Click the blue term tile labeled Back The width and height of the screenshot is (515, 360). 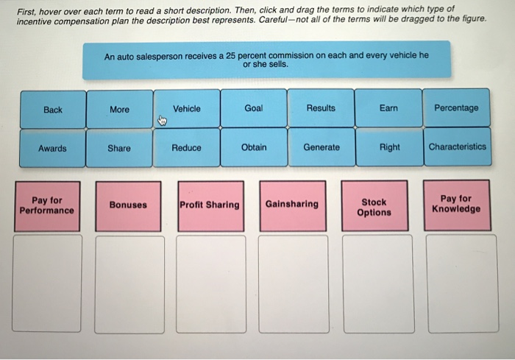point(53,110)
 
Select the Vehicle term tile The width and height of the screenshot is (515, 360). point(187,108)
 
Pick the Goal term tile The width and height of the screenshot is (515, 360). point(254,107)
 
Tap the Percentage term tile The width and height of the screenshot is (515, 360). point(456,107)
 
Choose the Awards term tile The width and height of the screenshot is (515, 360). point(52,148)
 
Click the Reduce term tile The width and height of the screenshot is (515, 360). point(186,148)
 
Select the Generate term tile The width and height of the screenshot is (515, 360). point(322,147)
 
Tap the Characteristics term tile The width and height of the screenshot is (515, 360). point(458,147)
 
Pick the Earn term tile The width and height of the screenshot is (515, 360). point(388,107)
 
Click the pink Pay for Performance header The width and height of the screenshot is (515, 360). point(47,206)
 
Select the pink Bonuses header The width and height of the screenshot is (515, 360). point(128,206)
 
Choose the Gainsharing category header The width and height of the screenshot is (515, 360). point(293,205)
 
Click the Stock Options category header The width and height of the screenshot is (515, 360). point(374,205)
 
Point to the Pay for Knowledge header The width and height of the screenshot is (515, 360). point(457,205)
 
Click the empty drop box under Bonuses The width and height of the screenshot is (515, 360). point(129,285)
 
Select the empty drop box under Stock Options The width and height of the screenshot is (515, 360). point(378,284)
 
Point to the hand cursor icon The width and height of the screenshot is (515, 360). point(163,121)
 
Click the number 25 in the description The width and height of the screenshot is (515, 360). point(230,56)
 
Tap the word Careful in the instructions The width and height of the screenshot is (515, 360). point(272,20)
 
